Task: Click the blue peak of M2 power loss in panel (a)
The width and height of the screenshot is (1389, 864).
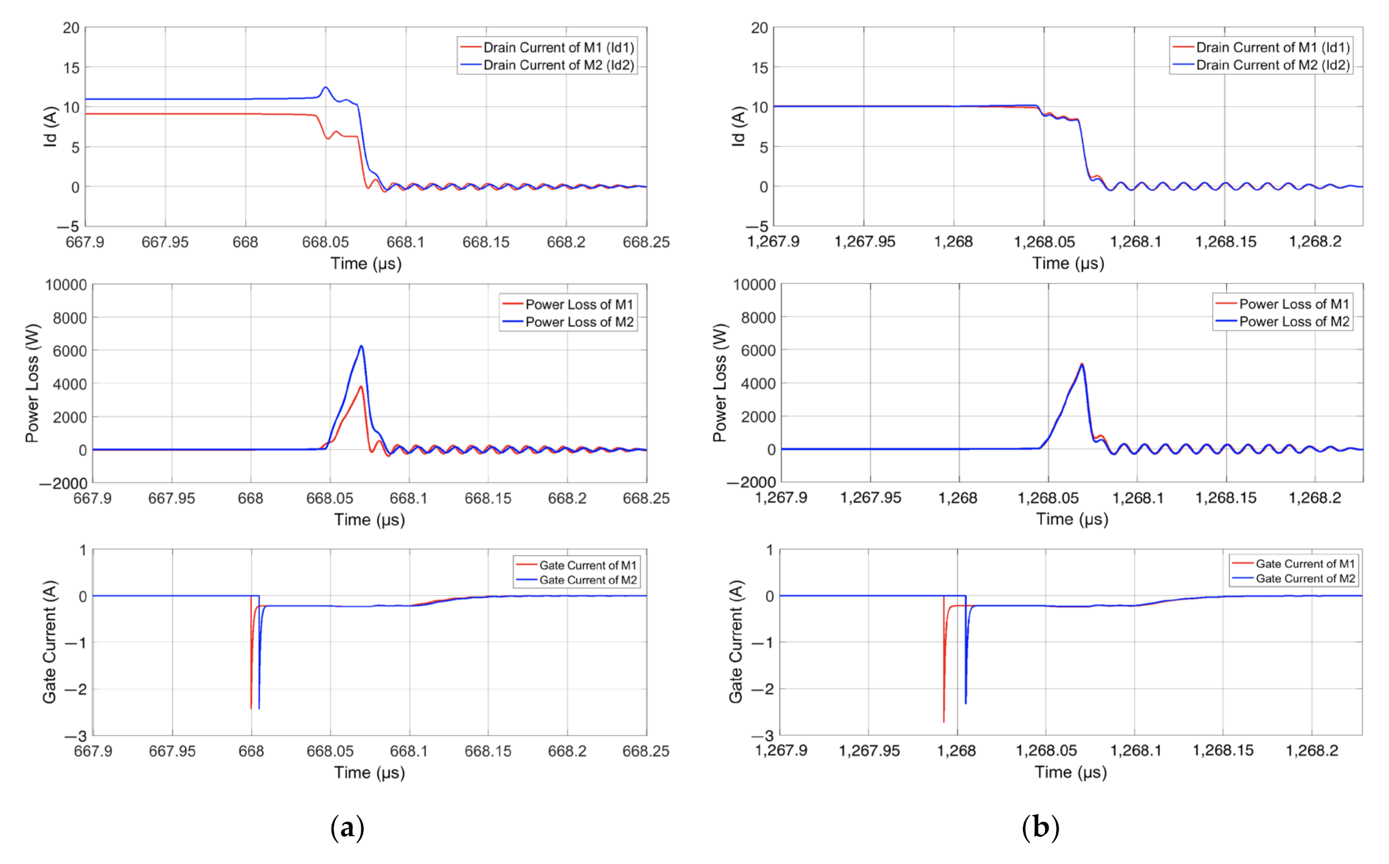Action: (x=361, y=347)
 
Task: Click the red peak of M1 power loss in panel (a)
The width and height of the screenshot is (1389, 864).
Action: (x=361, y=387)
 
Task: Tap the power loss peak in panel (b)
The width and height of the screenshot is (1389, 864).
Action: (x=1082, y=364)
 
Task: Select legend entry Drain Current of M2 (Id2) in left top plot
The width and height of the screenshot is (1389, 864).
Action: (x=558, y=65)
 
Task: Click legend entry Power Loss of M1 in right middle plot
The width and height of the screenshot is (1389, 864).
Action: (x=1294, y=304)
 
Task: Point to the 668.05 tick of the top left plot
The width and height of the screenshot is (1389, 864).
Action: (x=326, y=242)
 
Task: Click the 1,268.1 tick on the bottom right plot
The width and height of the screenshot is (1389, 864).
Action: (x=1135, y=750)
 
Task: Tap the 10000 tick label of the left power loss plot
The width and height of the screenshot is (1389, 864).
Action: (x=66, y=285)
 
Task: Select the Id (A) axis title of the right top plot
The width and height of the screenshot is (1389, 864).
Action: (x=738, y=126)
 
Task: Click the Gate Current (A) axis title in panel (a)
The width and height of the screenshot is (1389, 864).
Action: (x=49, y=642)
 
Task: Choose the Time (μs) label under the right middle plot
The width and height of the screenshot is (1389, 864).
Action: (x=1072, y=519)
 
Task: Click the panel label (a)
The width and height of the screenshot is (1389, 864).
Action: (x=347, y=827)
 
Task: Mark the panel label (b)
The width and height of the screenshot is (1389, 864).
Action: (x=1040, y=827)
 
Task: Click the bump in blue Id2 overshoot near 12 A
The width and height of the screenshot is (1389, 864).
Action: (x=326, y=88)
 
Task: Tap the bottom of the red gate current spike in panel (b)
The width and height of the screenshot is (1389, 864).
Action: (x=944, y=721)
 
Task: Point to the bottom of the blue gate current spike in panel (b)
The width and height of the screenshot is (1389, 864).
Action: (x=966, y=703)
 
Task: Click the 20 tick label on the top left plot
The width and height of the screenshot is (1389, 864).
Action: (x=71, y=28)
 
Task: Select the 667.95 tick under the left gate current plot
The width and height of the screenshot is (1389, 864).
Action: (x=172, y=751)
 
